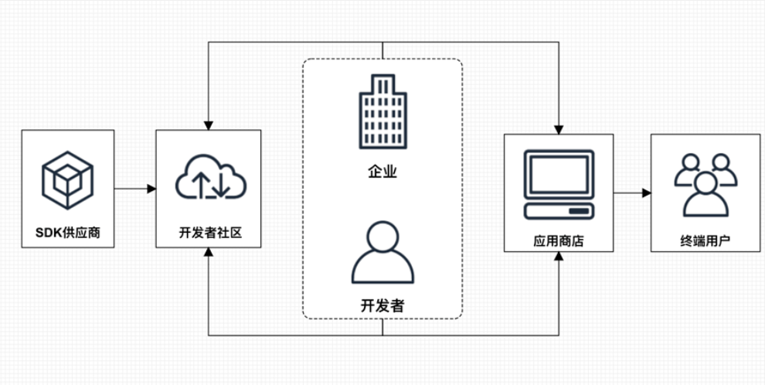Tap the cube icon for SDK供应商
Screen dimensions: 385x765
click(x=68, y=180)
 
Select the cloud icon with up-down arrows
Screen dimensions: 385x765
click(x=210, y=179)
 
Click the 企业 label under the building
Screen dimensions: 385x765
click(x=382, y=172)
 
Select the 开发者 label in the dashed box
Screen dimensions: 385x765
click(x=382, y=305)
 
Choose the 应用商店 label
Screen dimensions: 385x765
click(x=559, y=240)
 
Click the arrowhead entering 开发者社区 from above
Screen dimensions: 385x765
click(x=209, y=124)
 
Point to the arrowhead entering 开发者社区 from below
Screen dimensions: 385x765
click(x=209, y=254)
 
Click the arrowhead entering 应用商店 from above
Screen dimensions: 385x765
click(x=559, y=128)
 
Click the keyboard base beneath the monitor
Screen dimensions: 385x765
click(x=559, y=210)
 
